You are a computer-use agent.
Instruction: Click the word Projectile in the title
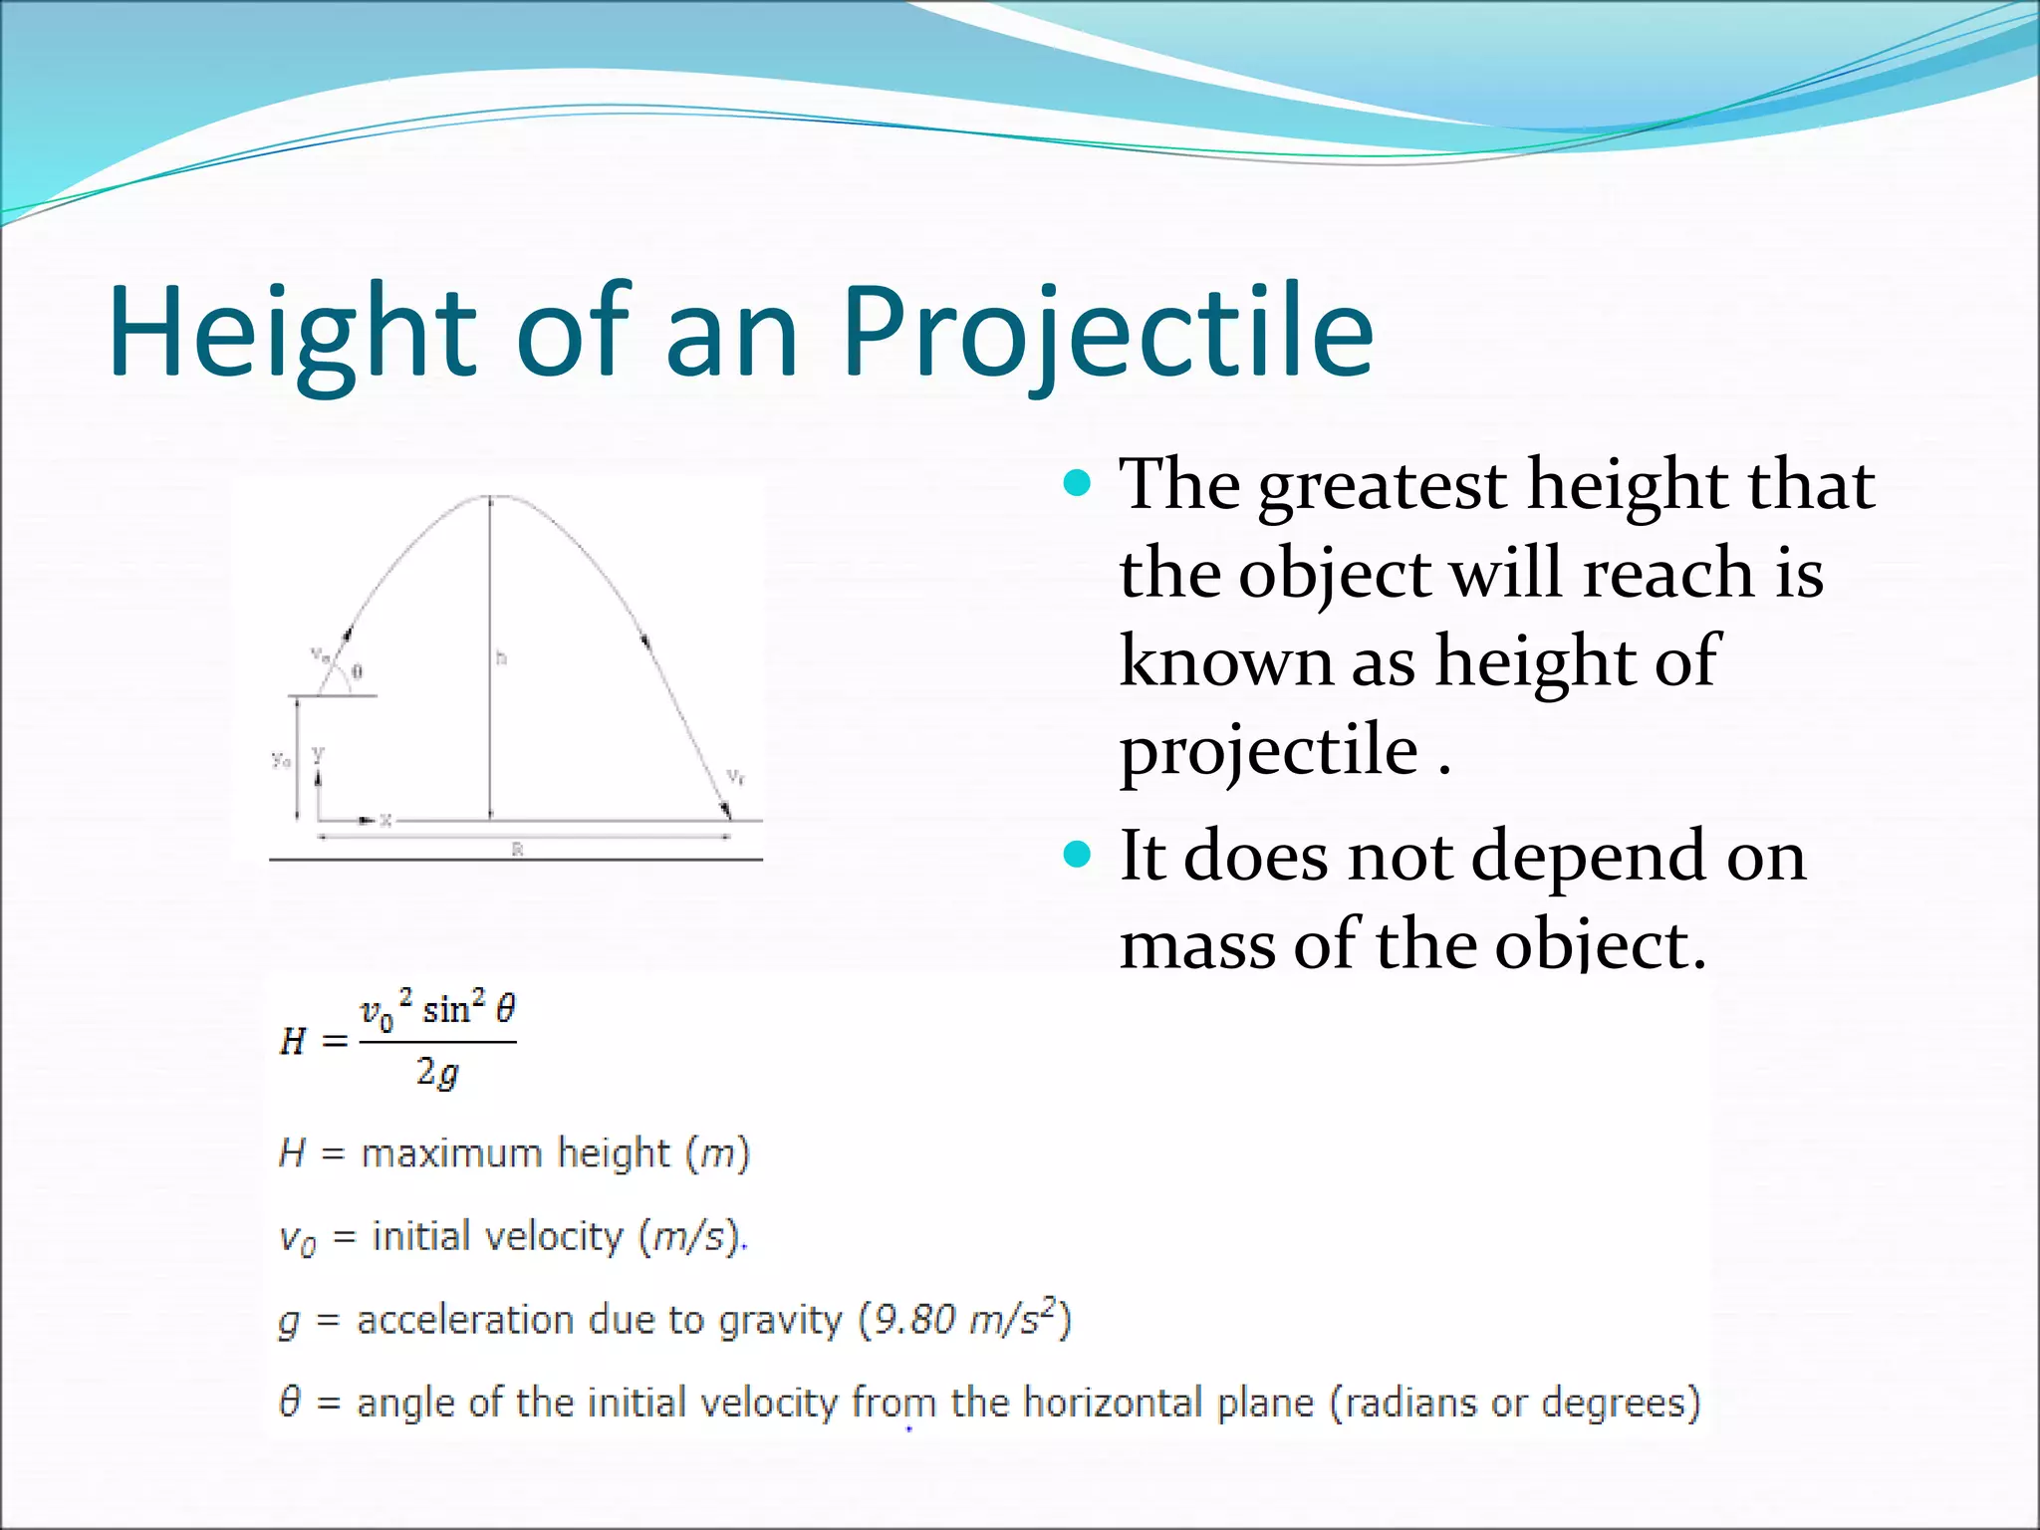point(1108,334)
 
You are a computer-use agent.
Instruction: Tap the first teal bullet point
point(1078,484)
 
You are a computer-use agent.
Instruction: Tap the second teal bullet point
point(1078,855)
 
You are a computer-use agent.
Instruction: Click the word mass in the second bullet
point(1195,946)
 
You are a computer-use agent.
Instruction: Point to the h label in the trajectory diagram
point(502,657)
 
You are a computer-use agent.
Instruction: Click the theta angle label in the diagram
point(358,672)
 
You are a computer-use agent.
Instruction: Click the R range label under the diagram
point(517,850)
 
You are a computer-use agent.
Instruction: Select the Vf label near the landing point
point(735,776)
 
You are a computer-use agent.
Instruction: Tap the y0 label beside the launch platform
point(282,760)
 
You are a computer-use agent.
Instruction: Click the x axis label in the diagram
point(386,821)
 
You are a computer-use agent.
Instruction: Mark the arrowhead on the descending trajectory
point(645,640)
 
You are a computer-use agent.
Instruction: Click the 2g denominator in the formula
point(437,1073)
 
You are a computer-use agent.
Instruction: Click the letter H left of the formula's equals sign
point(292,1042)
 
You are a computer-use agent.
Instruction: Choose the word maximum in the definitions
point(452,1153)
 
